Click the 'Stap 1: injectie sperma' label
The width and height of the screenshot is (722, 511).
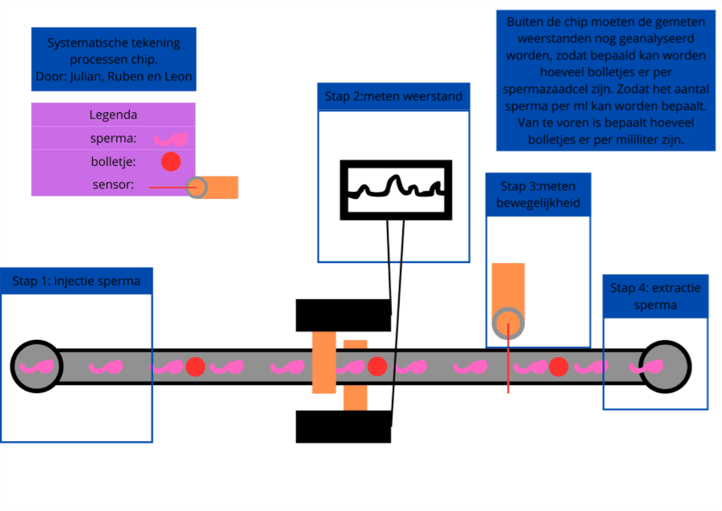76,281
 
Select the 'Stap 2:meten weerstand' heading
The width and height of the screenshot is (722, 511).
393,97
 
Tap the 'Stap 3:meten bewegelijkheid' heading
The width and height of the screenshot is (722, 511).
538,195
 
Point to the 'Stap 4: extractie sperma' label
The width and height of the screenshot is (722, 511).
655,296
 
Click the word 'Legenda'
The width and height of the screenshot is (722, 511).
113,115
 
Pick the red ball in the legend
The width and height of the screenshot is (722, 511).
171,161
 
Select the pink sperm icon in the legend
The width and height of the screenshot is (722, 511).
171,138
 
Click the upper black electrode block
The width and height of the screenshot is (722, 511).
343,315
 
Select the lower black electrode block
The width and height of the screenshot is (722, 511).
343,427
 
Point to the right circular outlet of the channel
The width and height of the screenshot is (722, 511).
664,367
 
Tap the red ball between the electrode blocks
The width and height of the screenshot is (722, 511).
377,367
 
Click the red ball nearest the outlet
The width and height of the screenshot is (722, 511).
559,367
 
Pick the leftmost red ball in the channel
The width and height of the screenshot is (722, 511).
195,367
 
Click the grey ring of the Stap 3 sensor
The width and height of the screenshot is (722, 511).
507,324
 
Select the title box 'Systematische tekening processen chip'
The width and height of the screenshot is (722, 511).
113,60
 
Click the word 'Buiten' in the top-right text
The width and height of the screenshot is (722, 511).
522,22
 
